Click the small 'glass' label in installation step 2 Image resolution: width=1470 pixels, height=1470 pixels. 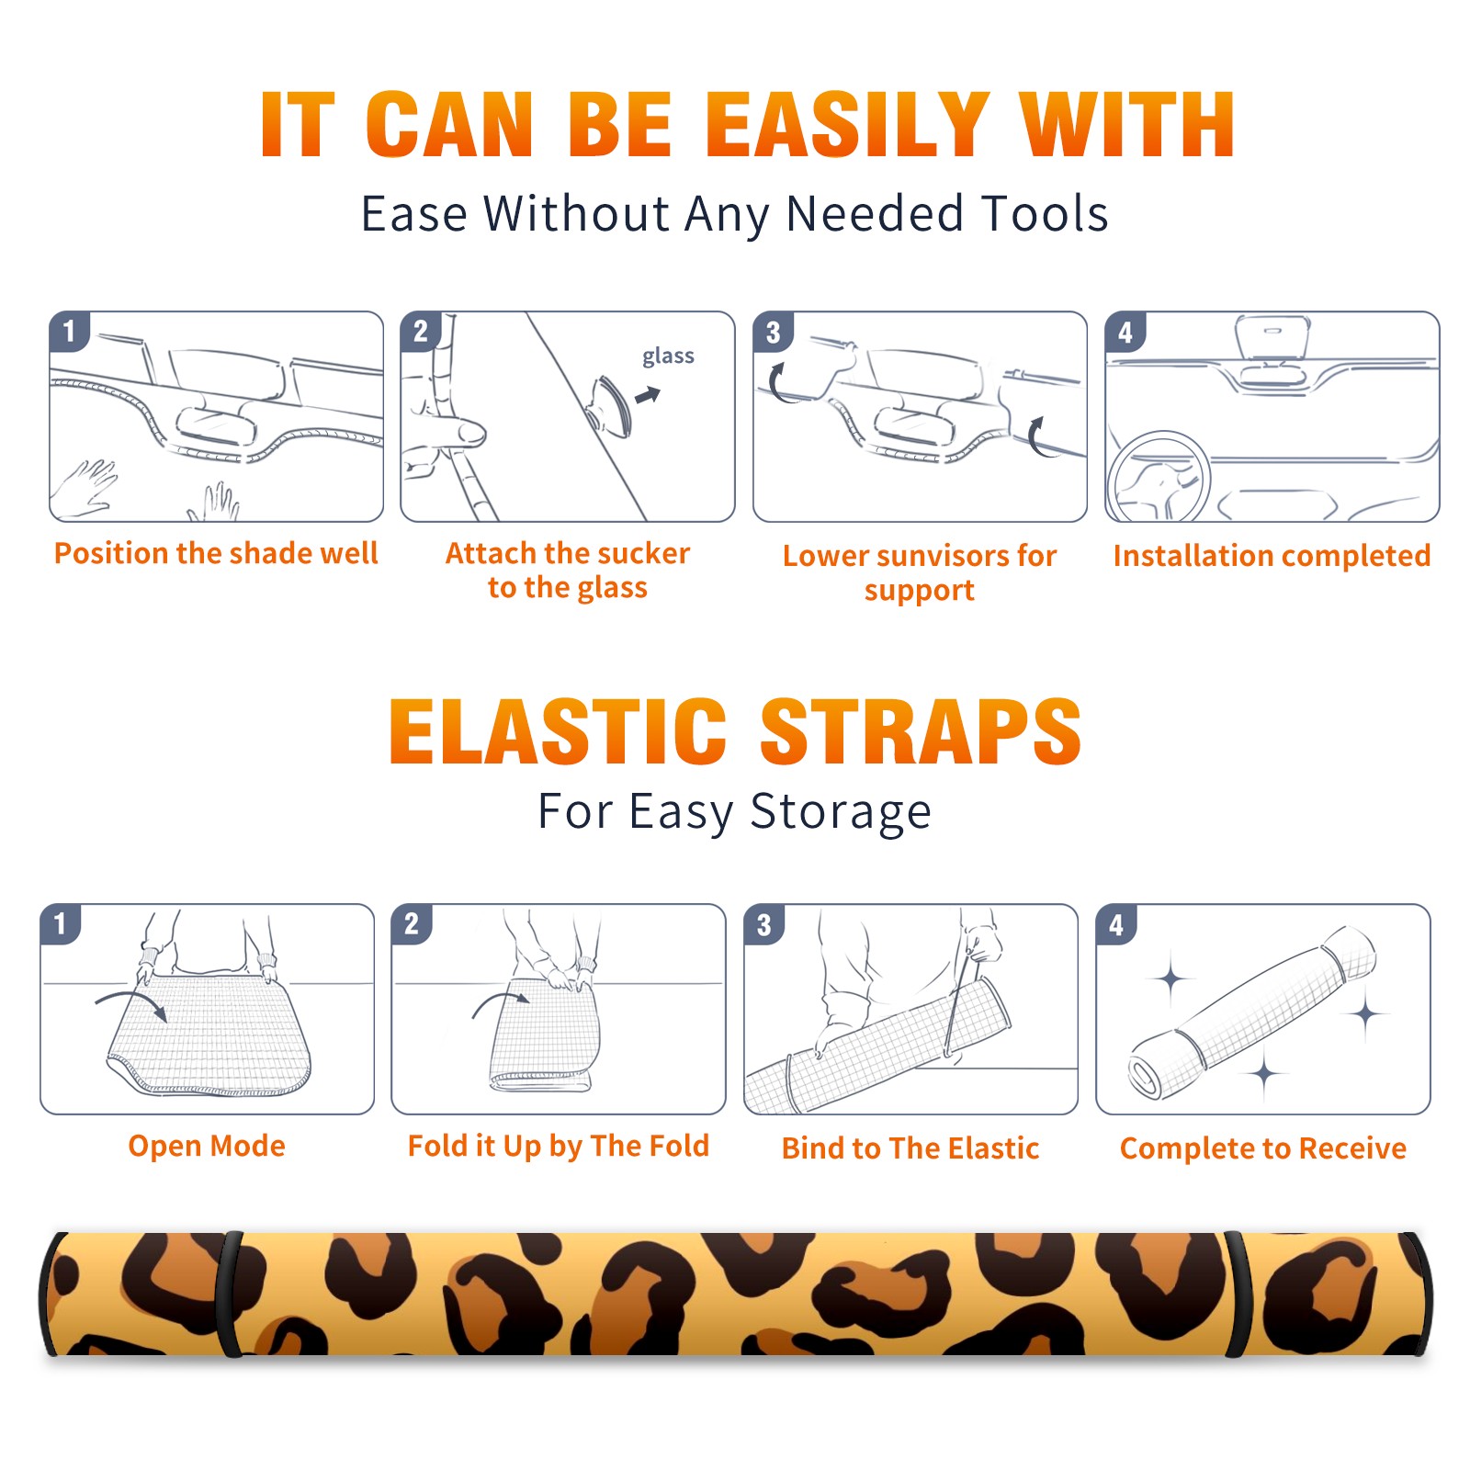point(668,356)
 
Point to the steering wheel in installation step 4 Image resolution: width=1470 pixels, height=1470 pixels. point(1159,478)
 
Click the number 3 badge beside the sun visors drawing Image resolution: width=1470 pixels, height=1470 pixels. point(773,332)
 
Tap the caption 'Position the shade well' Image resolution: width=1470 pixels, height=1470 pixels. point(216,553)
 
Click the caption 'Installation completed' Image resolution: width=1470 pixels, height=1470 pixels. point(1272,556)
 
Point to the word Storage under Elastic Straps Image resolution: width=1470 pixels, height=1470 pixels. point(841,812)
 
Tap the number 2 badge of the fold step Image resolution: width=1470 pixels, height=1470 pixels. point(411,923)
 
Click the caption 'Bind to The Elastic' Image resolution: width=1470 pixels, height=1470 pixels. point(910,1148)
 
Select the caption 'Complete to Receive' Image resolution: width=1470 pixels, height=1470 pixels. point(1263,1148)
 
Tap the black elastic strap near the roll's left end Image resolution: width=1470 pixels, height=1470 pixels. point(230,1294)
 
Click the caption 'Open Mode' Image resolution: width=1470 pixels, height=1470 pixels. point(207,1146)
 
